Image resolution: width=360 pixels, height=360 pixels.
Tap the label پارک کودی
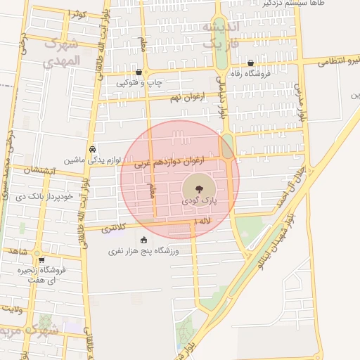tap(199, 201)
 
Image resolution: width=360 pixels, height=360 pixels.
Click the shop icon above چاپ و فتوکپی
tap(139, 72)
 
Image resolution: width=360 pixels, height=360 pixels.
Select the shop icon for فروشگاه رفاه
tap(250, 63)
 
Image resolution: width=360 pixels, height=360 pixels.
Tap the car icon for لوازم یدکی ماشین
tap(93, 149)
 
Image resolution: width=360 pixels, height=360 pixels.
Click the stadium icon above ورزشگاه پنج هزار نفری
tap(144, 240)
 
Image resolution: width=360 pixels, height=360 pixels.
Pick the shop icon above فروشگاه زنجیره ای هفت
tap(41, 259)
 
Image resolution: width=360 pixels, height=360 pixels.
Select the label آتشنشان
tap(39, 169)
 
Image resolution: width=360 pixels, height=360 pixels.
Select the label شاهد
tap(18, 251)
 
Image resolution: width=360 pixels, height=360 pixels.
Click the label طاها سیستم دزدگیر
tap(295, 3)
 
